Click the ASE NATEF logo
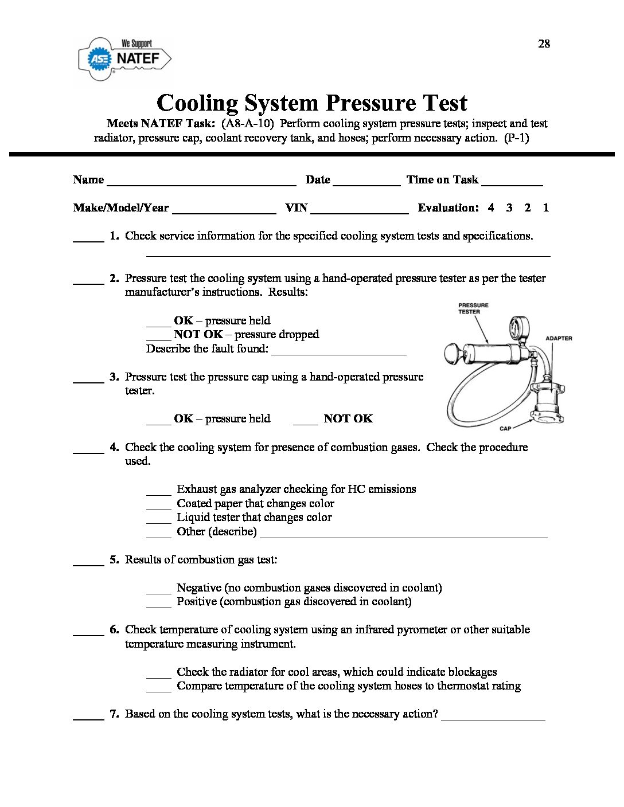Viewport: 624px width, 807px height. (124, 58)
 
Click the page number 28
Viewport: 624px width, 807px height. (544, 44)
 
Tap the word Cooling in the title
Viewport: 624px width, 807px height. (197, 103)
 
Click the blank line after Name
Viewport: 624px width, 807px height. (201, 182)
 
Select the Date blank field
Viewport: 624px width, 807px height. (366, 182)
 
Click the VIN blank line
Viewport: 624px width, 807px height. (360, 210)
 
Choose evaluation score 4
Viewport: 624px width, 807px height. (491, 207)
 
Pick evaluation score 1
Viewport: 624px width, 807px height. (545, 207)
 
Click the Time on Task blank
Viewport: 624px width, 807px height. (512, 182)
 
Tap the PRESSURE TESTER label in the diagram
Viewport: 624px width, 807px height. (473, 308)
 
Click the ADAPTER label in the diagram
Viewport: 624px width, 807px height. (558, 338)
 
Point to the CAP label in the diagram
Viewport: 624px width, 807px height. (505, 428)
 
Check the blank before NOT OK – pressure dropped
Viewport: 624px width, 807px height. (158, 337)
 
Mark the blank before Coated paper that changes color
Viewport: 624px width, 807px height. (158, 506)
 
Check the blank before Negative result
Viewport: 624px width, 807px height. (158, 590)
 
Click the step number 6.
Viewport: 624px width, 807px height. (114, 629)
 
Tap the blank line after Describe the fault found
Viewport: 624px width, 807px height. (338, 352)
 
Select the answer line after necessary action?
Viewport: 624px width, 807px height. (493, 717)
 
